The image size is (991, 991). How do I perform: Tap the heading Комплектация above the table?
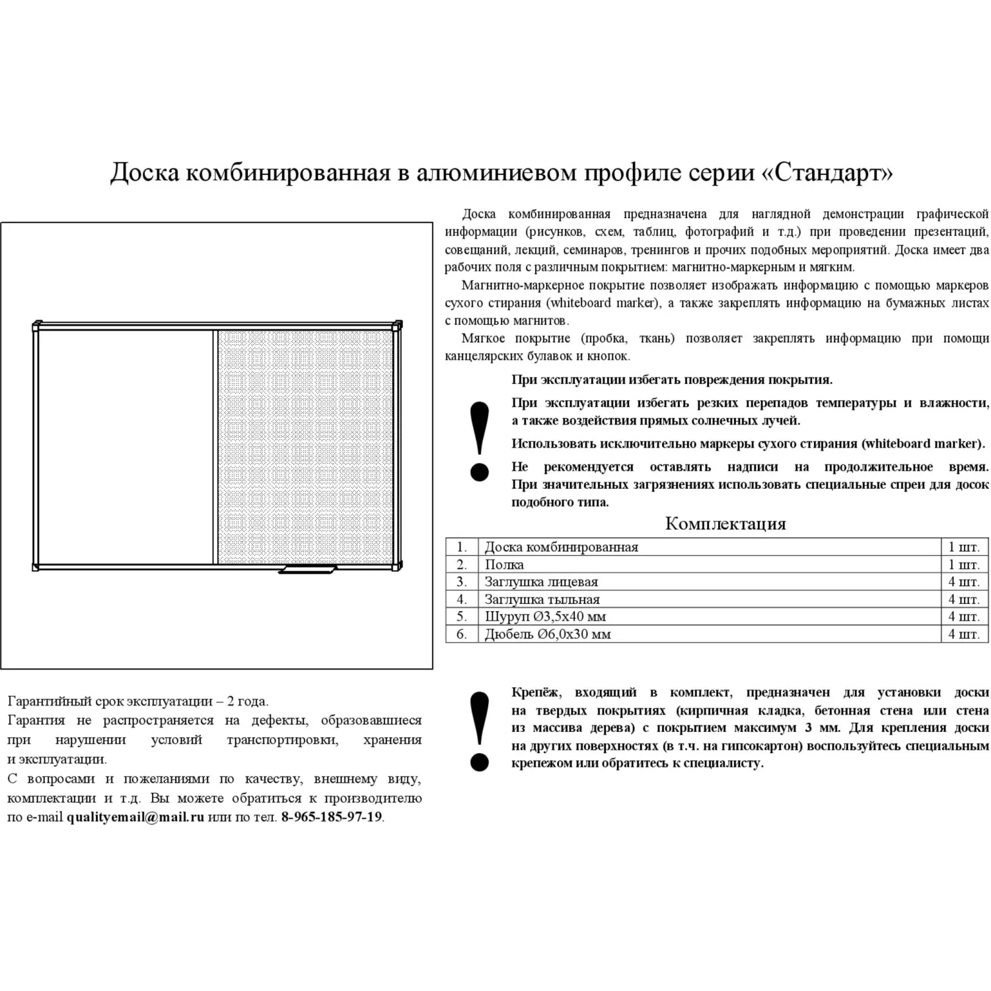point(725,524)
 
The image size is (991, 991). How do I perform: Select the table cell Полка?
point(504,564)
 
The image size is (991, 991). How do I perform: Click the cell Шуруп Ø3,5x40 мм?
point(545,616)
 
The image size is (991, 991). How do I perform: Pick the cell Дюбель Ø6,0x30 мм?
point(548,634)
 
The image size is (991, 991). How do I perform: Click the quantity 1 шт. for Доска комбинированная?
point(963,547)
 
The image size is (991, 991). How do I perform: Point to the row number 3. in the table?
point(461,582)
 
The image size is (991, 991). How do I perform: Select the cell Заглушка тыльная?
point(542,599)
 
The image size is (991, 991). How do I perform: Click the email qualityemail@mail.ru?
point(135,817)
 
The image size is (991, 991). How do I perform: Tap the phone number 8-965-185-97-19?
point(332,817)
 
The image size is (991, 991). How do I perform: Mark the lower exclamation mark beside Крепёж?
point(479,731)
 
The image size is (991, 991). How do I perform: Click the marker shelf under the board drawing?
point(307,569)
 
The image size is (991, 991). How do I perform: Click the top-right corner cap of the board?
point(398,325)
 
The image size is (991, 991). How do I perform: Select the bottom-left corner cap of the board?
point(36,567)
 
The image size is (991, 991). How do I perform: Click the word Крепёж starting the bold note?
point(536,692)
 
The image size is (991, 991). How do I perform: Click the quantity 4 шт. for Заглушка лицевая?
point(963,582)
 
